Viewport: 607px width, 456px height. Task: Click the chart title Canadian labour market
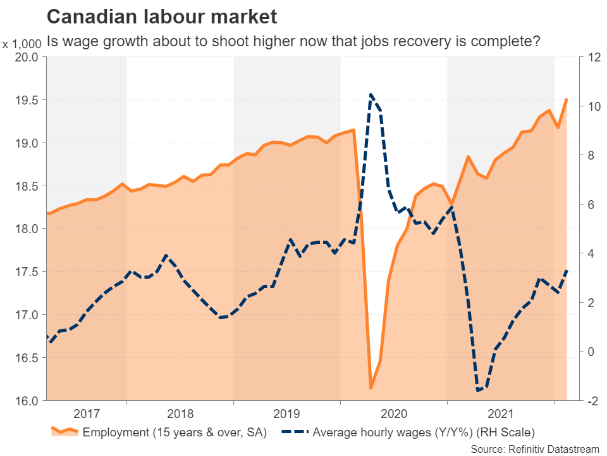[x=162, y=15]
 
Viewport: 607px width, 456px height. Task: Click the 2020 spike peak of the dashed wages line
[x=371, y=94]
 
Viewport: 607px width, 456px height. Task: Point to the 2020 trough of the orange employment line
[x=371, y=388]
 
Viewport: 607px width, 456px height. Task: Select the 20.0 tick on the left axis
[x=26, y=57]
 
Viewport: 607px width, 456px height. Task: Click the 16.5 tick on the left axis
[x=26, y=358]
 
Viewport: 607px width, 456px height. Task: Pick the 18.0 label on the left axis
[x=26, y=229]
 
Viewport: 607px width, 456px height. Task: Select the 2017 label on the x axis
[x=87, y=414]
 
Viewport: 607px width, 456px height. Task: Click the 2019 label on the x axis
[x=287, y=414]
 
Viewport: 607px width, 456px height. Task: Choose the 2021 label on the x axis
[x=501, y=414]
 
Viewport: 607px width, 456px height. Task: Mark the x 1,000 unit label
[x=22, y=44]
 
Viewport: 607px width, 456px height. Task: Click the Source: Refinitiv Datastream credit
[x=534, y=448]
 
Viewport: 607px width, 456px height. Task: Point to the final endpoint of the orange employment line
[x=567, y=99]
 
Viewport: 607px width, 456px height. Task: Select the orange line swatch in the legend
[x=64, y=433]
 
